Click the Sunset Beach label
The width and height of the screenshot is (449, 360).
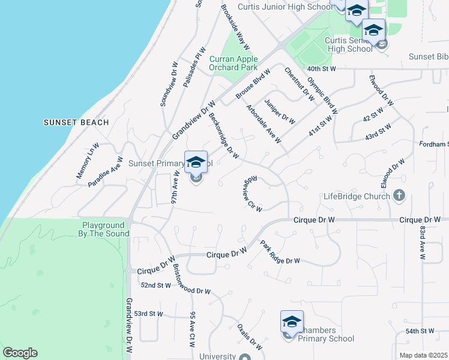[76, 122]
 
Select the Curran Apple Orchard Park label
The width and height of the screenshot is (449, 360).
[234, 63]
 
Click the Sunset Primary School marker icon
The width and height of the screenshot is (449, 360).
[196, 163]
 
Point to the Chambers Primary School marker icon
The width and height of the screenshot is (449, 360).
[292, 323]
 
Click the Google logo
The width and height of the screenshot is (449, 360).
[20, 353]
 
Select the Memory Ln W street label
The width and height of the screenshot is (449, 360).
[88, 160]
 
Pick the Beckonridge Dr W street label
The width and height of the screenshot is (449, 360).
[223, 137]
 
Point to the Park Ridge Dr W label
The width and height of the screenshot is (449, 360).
[280, 252]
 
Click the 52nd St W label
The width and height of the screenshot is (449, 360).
[155, 285]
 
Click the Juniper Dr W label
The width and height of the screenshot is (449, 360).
[280, 110]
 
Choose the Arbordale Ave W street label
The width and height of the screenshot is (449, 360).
[264, 124]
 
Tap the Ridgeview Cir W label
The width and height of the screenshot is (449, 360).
[253, 194]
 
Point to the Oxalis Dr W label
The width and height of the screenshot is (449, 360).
[249, 337]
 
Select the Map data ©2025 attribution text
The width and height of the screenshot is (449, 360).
[423, 355]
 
